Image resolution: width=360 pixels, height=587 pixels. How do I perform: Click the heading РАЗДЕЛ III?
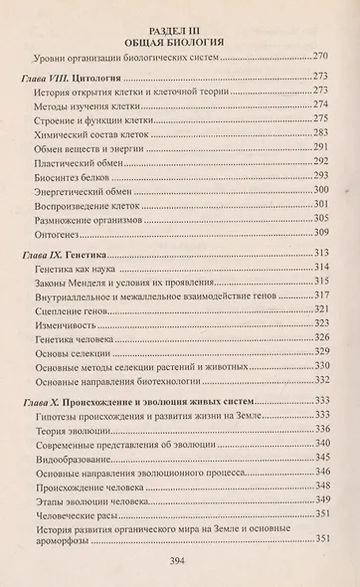(180, 29)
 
